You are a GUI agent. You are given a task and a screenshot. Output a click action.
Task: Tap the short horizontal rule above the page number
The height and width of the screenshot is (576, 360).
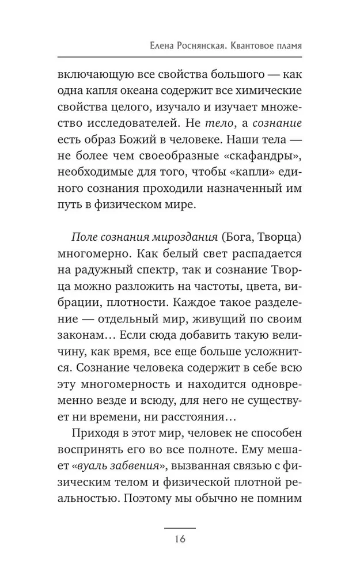coord(180,528)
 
